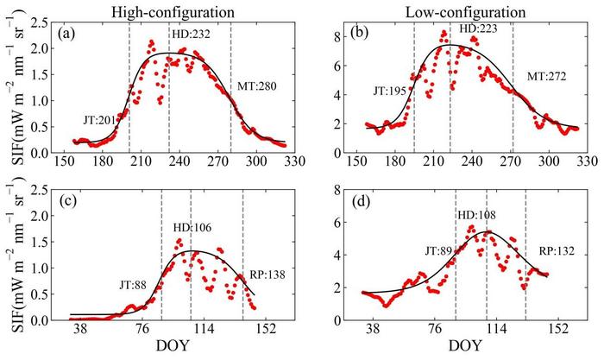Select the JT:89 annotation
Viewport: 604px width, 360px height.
[437, 251]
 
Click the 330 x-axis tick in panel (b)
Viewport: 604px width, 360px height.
[587, 161]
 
